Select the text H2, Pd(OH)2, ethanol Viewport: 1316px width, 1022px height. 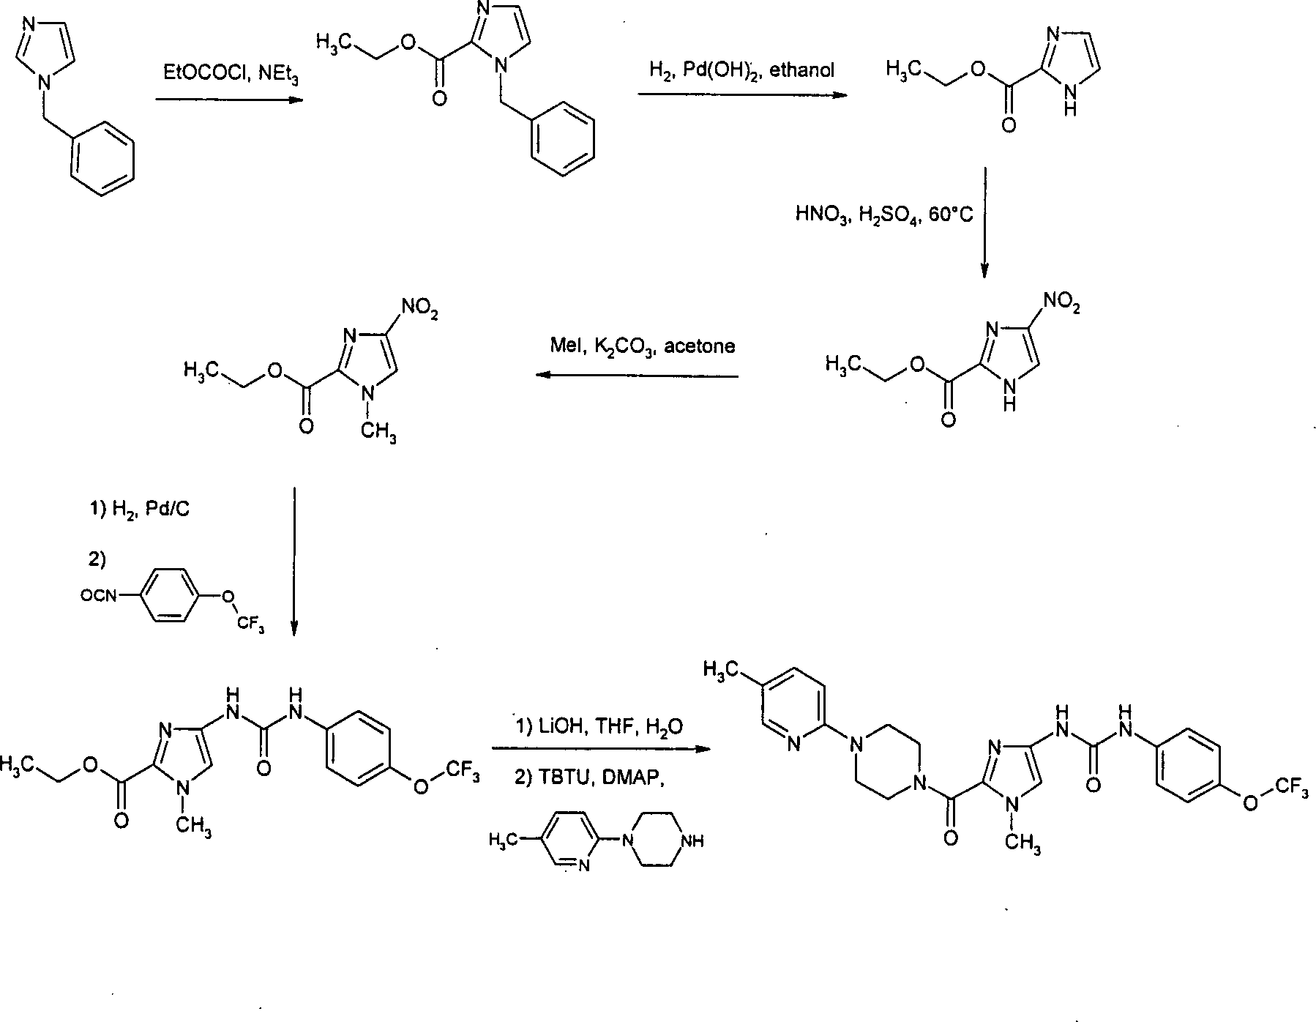(741, 70)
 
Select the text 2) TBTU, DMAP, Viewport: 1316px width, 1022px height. (588, 780)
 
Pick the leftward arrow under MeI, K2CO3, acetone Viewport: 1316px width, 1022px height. (636, 376)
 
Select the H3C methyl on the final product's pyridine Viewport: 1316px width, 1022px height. (719, 671)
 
